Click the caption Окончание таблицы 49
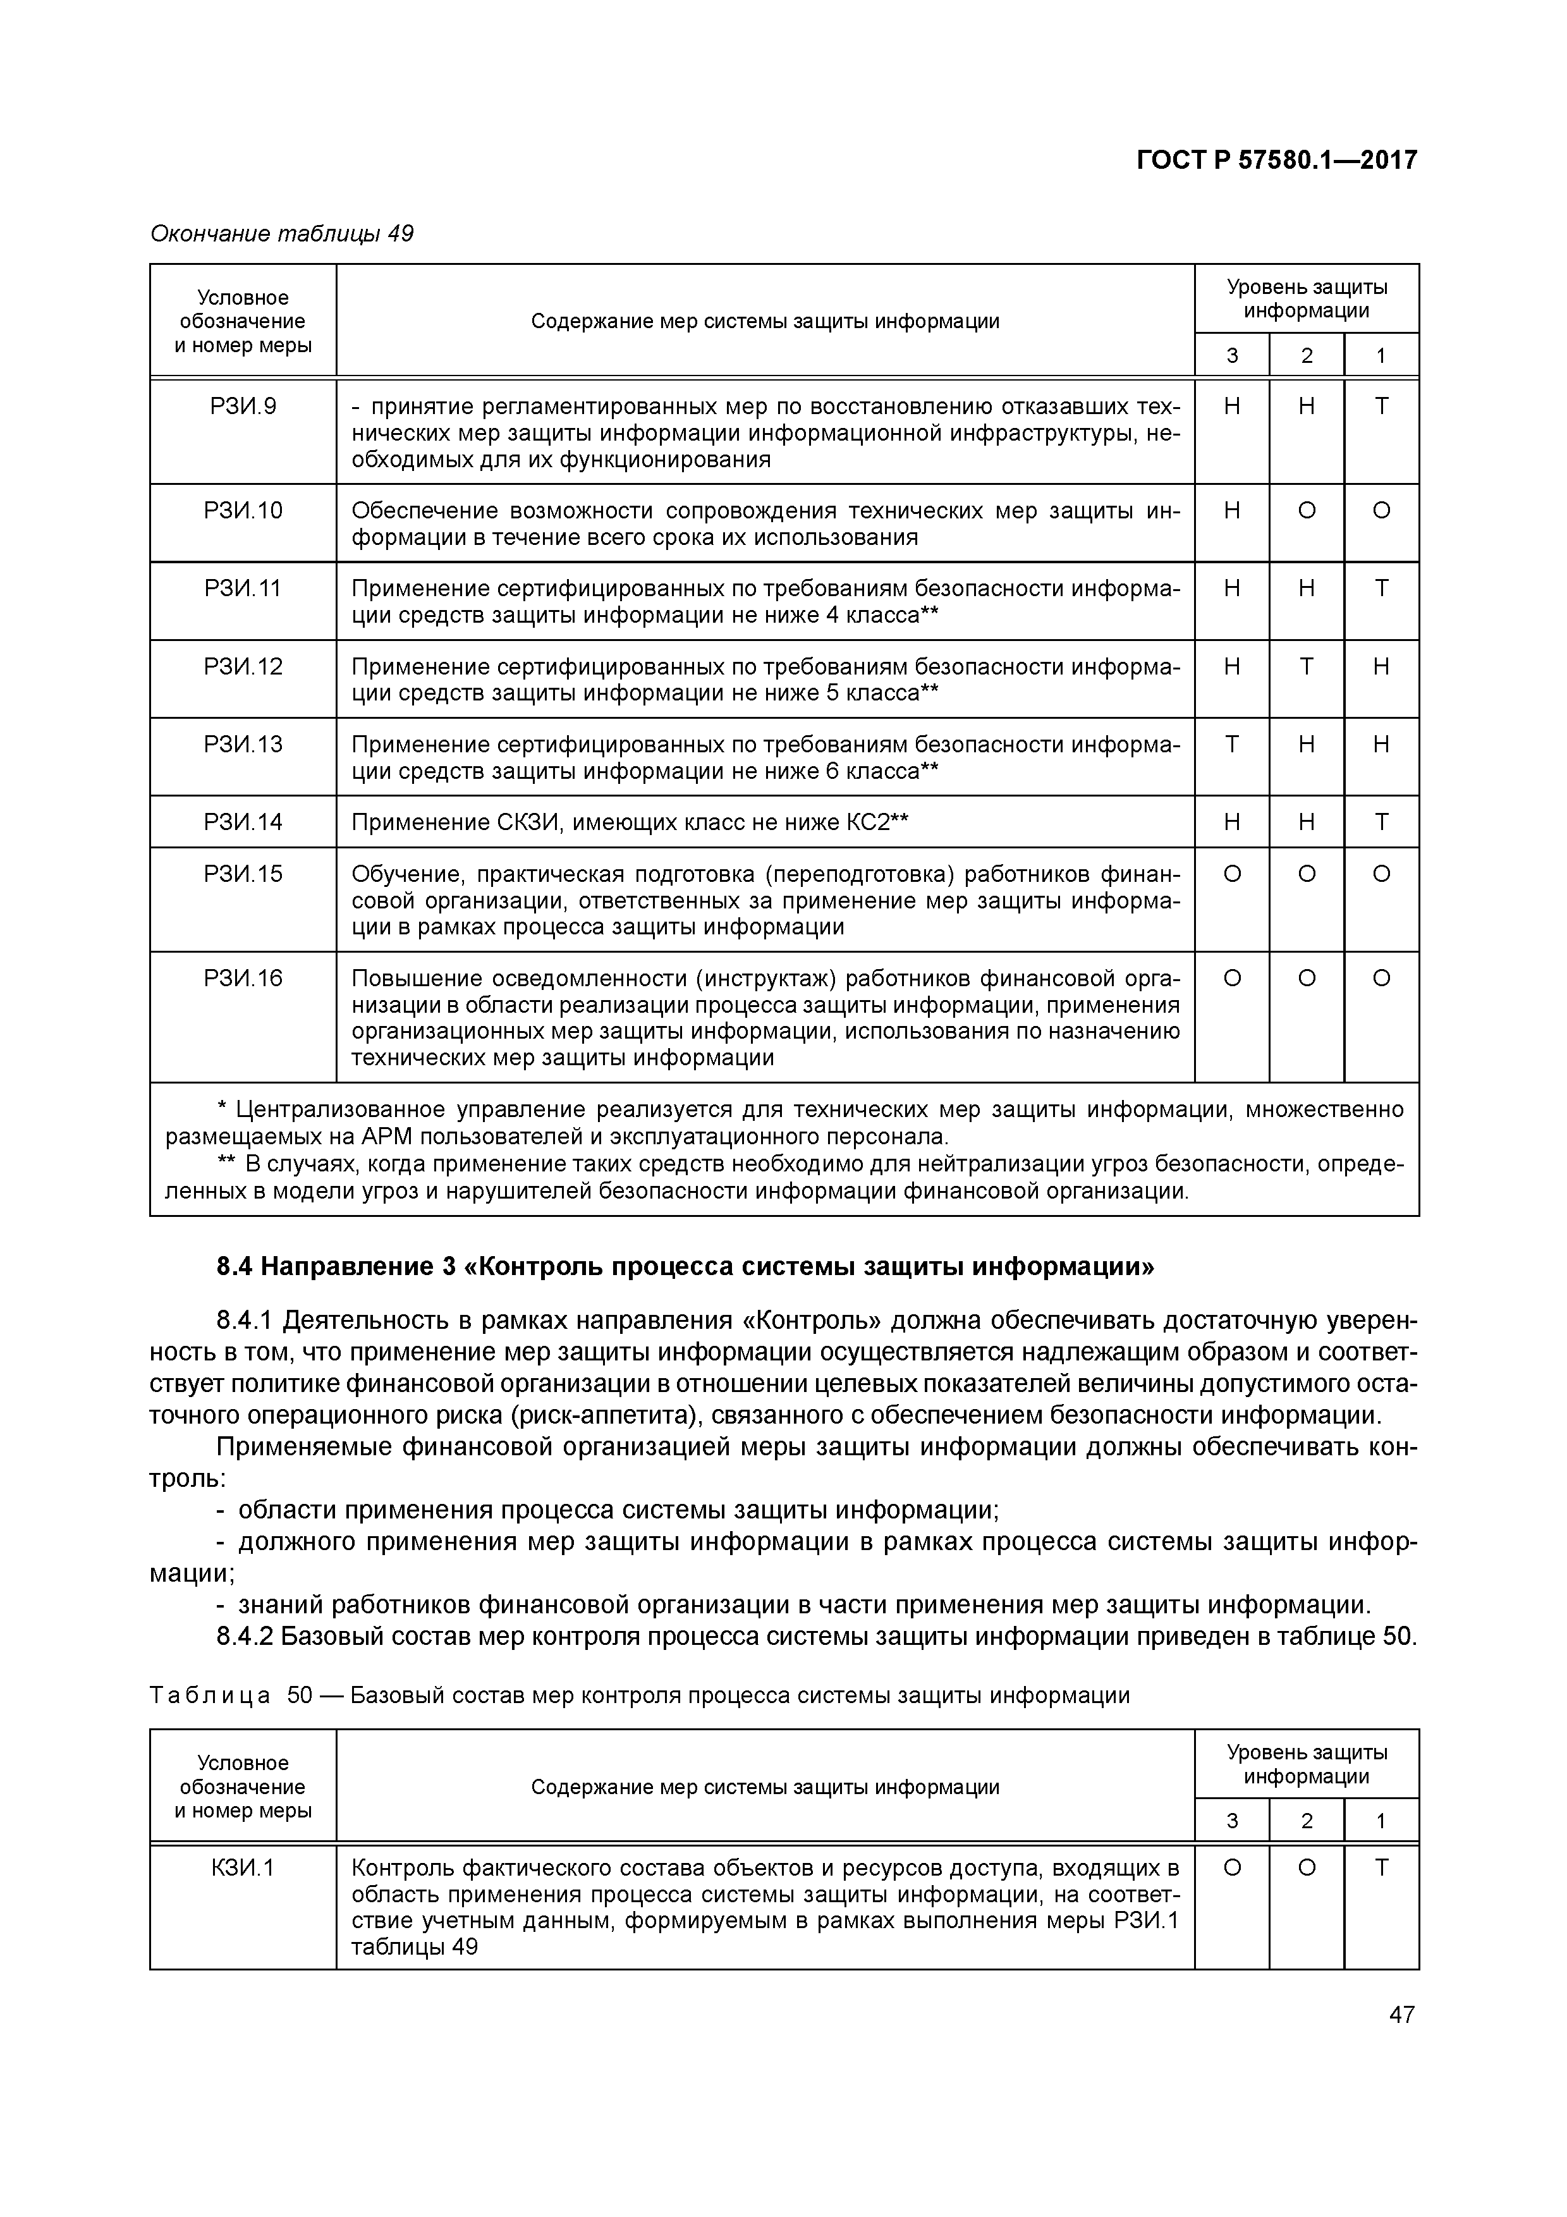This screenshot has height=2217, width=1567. (x=282, y=234)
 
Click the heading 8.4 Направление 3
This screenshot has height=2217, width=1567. (x=685, y=1266)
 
